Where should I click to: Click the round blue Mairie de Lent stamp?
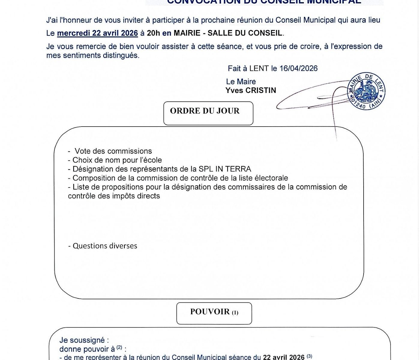pos(366,91)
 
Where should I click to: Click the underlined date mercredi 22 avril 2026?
pos(97,33)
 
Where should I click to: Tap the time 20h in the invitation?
pos(153,33)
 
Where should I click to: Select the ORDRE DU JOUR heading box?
pos(208,113)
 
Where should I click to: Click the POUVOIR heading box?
pos(214,313)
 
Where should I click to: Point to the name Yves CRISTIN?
pos(250,91)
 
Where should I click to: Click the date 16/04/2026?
pos(298,68)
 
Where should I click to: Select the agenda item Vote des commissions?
pos(113,151)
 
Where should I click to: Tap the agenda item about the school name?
pos(117,160)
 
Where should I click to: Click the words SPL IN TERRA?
pos(225,169)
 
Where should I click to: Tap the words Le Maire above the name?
pos(241,82)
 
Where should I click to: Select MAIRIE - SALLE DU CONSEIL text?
pos(228,33)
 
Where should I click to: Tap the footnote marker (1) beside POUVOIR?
pos(235,313)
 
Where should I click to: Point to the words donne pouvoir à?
pos(87,349)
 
